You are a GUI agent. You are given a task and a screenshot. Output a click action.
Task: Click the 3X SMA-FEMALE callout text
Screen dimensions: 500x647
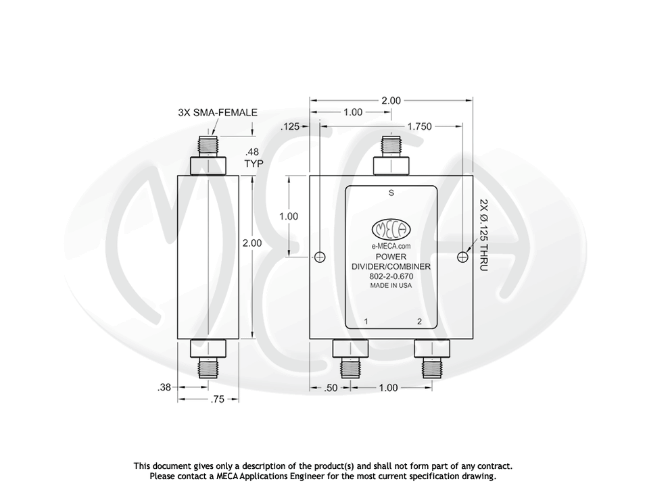click(x=218, y=113)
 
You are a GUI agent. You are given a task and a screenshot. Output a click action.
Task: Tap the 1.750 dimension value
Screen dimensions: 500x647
click(x=420, y=126)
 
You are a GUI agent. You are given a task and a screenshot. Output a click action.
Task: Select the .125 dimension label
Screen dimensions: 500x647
click(x=289, y=126)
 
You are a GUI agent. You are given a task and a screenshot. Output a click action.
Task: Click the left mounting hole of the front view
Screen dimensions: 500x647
click(x=320, y=257)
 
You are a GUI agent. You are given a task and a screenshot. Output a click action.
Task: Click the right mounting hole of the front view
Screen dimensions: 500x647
click(x=462, y=257)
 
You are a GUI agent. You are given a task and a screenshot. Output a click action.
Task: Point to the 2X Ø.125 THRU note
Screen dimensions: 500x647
click(x=483, y=235)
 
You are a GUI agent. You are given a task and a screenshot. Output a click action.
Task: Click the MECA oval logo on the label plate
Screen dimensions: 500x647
click(x=391, y=230)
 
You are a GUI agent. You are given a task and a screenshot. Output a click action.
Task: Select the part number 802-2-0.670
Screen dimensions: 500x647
click(x=391, y=276)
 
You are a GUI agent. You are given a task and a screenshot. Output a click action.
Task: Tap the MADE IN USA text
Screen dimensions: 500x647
click(x=391, y=285)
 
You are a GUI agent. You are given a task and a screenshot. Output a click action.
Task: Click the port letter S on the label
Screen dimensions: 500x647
click(x=391, y=193)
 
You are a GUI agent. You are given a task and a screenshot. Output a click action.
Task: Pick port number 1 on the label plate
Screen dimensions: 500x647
click(x=366, y=322)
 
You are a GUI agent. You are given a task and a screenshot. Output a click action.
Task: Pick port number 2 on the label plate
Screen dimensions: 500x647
click(x=419, y=322)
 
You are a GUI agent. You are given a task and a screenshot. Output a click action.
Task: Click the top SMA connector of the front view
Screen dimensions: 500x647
click(x=391, y=155)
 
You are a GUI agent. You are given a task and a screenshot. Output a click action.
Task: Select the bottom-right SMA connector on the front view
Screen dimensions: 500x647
click(x=431, y=358)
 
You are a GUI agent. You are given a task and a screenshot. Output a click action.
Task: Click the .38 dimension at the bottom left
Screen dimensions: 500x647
click(x=164, y=387)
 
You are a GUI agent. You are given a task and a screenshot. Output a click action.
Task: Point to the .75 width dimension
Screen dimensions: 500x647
click(x=217, y=399)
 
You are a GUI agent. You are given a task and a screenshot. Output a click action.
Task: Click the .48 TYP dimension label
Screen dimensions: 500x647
click(x=254, y=158)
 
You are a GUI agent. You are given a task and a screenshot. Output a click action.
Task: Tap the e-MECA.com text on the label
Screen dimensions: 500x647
click(x=391, y=247)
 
